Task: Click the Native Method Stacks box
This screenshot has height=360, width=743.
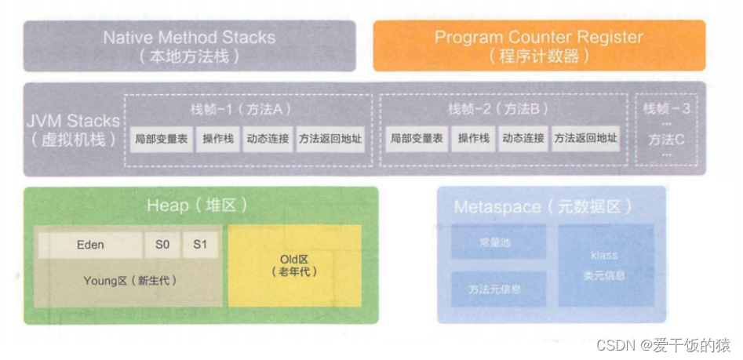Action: pyautogui.click(x=189, y=45)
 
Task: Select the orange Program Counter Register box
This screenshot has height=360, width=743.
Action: pyautogui.click(x=538, y=45)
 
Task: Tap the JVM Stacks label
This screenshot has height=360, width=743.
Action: pyautogui.click(x=72, y=130)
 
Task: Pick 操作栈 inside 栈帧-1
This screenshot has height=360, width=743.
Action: pyautogui.click(x=217, y=140)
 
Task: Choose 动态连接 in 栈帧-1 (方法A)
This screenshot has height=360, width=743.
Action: pyautogui.click(x=268, y=140)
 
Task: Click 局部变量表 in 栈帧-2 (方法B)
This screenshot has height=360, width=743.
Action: pyautogui.click(x=416, y=140)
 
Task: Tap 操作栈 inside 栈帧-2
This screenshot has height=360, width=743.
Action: pyautogui.click(x=473, y=140)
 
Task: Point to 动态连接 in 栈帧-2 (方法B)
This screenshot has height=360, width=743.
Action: pyautogui.click(x=523, y=140)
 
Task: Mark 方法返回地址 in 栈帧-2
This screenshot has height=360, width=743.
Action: pyautogui.click(x=585, y=140)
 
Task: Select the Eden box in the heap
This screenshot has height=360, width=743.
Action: pyautogui.click(x=90, y=245)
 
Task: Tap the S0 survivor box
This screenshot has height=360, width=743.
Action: pyautogui.click(x=162, y=245)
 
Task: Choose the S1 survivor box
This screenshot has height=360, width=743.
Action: pyautogui.click(x=200, y=245)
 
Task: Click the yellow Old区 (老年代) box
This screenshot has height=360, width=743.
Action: pyautogui.click(x=294, y=265)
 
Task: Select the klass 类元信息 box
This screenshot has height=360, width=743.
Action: pyautogui.click(x=605, y=264)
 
